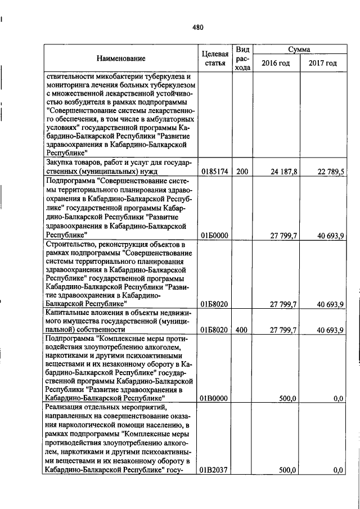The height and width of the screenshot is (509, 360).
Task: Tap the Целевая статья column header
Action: tap(214, 58)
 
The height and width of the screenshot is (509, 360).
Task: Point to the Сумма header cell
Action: tap(299, 49)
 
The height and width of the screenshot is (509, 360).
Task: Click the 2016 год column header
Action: tap(276, 63)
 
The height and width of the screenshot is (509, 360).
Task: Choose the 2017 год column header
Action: tap(322, 63)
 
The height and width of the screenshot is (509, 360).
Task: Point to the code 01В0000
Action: tap(214, 398)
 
